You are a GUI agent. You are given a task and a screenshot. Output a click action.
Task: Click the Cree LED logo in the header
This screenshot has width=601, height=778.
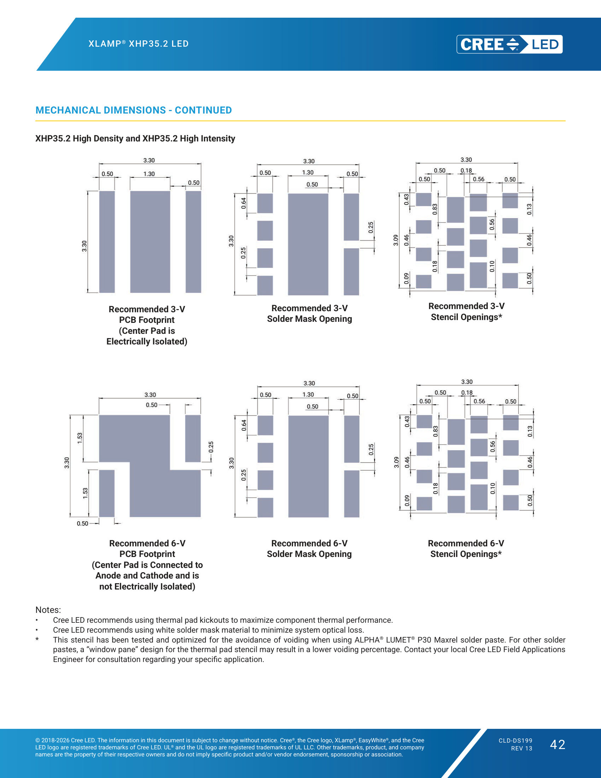509,44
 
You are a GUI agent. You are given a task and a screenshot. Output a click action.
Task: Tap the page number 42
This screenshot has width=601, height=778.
558,745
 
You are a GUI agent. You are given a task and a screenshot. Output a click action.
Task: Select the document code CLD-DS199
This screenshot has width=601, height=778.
515,741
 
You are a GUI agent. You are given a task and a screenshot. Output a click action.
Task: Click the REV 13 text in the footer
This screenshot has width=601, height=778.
521,748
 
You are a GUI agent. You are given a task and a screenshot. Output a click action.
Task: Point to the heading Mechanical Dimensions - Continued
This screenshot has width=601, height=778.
134,110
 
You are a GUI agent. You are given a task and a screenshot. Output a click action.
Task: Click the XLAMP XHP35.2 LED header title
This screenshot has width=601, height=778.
139,44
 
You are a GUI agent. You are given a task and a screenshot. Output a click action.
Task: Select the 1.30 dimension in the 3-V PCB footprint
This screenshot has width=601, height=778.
149,174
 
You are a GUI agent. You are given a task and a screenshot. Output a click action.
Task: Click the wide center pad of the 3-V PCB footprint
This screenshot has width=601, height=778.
150,242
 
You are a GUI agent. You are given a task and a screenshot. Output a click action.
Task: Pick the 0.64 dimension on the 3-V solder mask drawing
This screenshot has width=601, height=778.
244,203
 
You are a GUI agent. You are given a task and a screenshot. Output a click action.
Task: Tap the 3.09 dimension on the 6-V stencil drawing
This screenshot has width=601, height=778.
396,462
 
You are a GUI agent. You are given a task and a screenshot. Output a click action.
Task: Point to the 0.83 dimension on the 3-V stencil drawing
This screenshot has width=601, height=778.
435,209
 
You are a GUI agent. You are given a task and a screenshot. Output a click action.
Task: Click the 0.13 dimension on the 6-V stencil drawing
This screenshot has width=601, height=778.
530,431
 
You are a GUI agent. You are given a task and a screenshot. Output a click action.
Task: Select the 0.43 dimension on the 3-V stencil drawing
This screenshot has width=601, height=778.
406,199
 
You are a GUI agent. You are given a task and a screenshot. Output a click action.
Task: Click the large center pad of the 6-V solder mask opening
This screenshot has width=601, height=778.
308,466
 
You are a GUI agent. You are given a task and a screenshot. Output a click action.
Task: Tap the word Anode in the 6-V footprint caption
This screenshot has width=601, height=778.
108,576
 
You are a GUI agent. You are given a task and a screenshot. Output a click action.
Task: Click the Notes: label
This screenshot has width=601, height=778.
48,610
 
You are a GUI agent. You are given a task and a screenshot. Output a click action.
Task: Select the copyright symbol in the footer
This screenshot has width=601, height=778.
37,740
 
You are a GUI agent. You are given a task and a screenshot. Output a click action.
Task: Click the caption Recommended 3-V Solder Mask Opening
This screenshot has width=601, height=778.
309,313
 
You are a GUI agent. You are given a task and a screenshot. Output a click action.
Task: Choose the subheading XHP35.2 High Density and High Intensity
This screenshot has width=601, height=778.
135,139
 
